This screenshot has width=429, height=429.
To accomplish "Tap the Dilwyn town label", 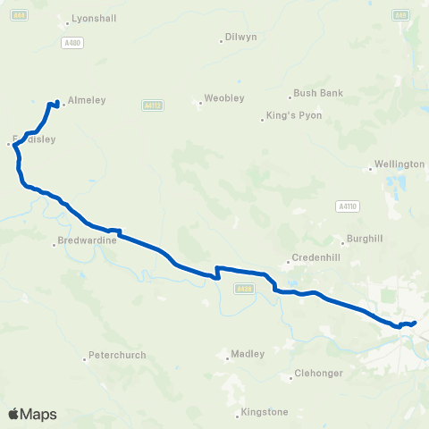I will point(240,38).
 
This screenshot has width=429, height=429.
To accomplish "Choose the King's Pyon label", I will point(287,117).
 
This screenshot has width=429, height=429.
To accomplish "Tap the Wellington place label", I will point(400,165).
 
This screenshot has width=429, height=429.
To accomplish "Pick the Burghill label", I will point(361,240).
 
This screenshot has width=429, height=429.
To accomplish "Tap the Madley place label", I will point(248,354).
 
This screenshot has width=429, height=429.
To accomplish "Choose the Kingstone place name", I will point(266,413).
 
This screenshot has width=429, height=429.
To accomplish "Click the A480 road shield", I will point(72,42).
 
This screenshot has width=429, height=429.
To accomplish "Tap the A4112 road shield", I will point(152,105).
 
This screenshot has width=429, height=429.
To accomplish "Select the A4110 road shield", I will point(348,206).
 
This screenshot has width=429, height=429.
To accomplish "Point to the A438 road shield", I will point(244,288).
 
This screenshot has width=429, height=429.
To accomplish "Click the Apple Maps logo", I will point(32,414).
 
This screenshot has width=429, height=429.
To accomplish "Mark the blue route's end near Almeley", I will point(58,102).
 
